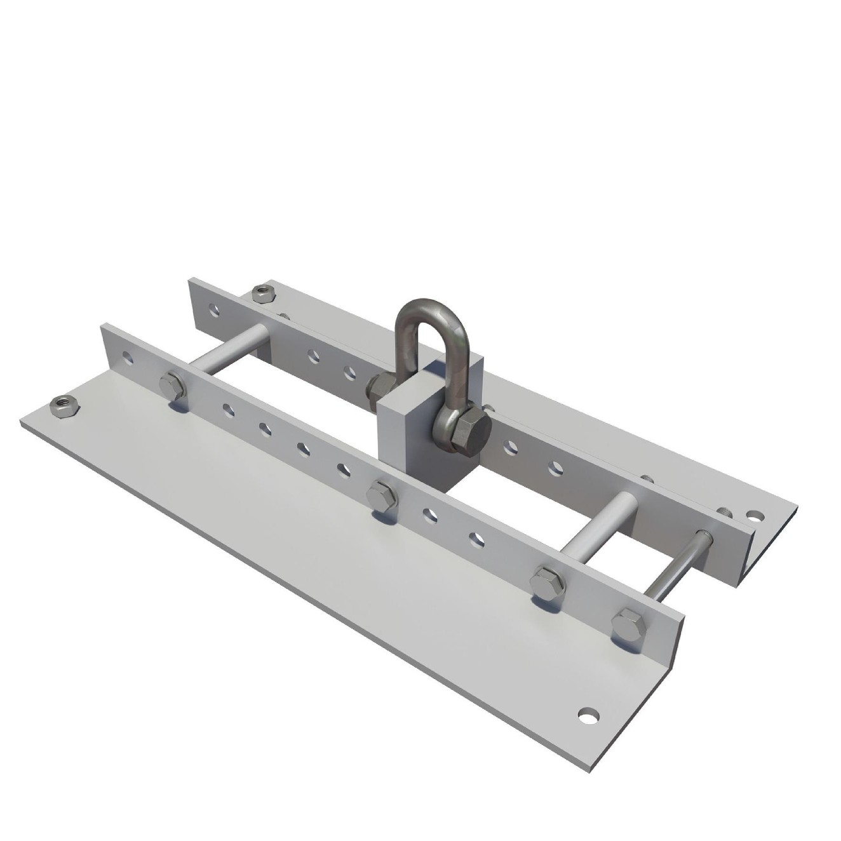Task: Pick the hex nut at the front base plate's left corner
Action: tap(64, 406)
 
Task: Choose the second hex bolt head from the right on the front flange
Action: tap(548, 582)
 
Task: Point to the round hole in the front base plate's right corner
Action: tap(589, 715)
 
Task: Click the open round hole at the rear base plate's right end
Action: tap(754, 515)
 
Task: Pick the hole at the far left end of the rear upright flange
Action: tap(216, 310)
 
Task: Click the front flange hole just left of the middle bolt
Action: tap(344, 470)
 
